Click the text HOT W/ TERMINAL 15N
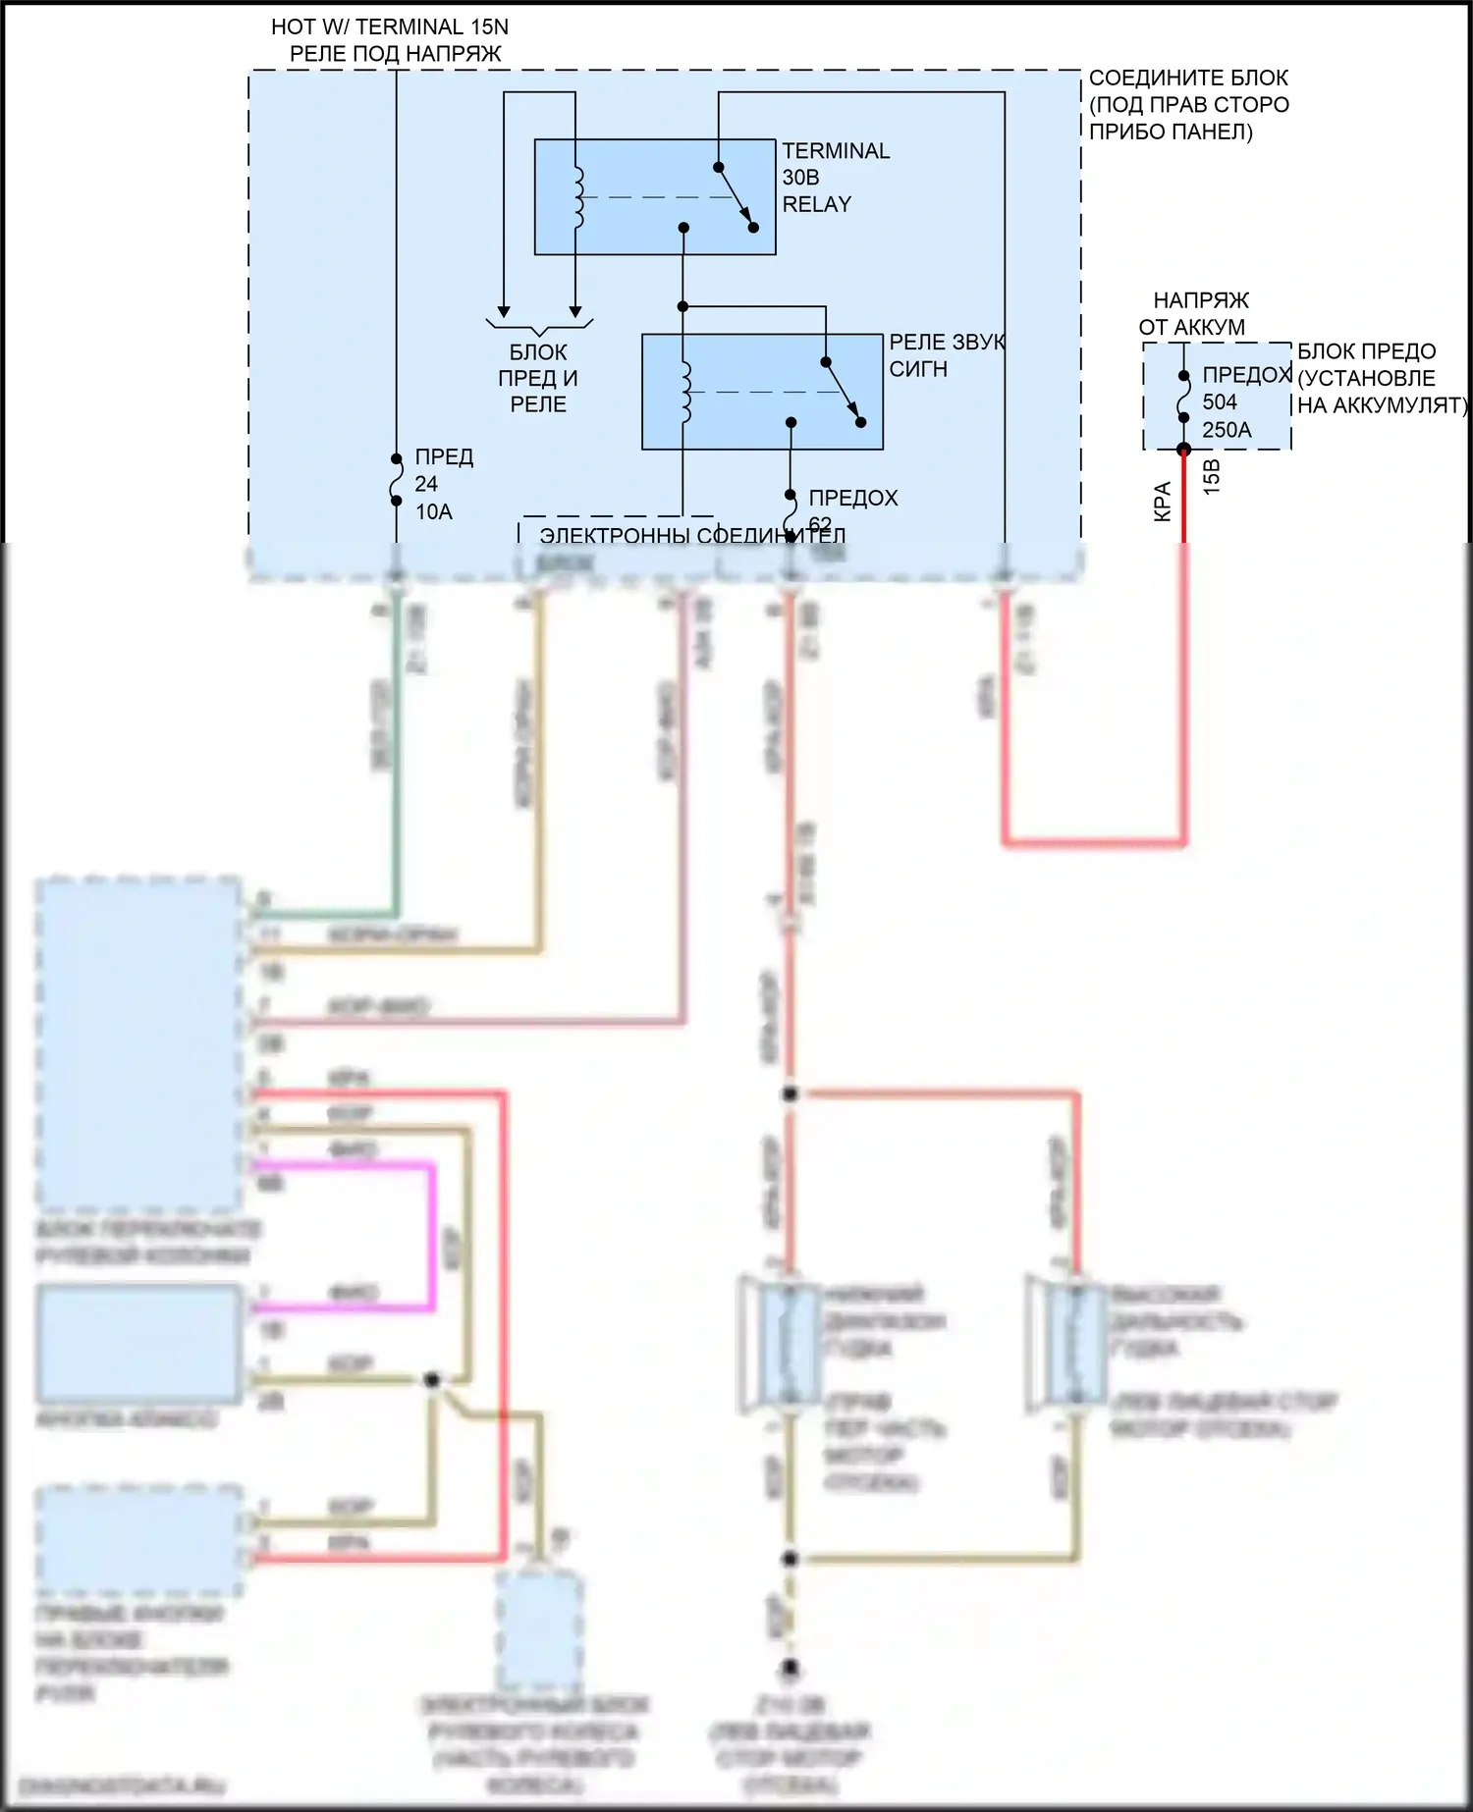click(x=390, y=27)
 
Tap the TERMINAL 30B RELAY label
click(x=835, y=178)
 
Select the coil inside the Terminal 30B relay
click(x=577, y=197)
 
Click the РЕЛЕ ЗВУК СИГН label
click(x=946, y=355)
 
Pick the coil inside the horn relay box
click(x=685, y=392)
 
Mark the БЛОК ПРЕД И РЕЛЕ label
click(x=538, y=378)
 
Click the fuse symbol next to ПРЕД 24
click(x=397, y=480)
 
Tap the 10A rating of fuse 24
click(x=433, y=511)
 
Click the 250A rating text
click(x=1227, y=430)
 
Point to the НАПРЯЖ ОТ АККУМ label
click(x=1195, y=313)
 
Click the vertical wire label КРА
click(x=1163, y=502)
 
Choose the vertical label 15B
click(x=1212, y=477)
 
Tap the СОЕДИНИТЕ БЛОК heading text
click(x=1188, y=79)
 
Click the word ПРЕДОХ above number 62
click(x=852, y=498)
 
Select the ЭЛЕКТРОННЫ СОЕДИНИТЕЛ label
click(x=692, y=536)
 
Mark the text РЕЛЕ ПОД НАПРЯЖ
click(x=395, y=54)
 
